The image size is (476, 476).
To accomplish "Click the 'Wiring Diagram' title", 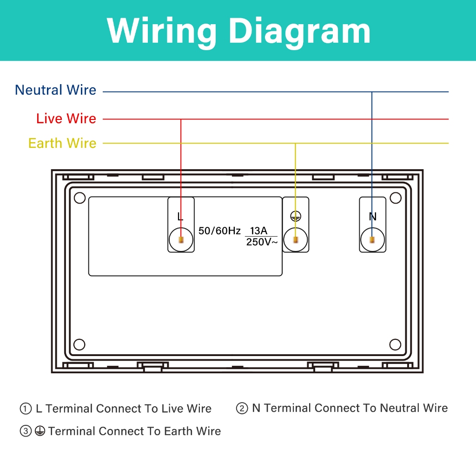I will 238,31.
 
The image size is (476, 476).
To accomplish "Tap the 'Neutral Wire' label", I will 55,90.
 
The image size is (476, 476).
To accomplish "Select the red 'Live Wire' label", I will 66,119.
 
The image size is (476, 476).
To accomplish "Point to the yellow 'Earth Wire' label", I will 62,143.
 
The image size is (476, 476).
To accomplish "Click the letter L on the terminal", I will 180,217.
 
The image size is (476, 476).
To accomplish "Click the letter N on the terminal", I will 372,217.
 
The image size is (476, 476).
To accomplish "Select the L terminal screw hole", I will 181,240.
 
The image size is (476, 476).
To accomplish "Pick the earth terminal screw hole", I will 296,240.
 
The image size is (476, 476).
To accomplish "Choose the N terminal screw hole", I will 372,240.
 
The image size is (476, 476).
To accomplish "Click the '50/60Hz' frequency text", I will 219,231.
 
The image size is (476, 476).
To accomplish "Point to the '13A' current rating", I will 258,231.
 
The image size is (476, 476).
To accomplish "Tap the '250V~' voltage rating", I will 262,242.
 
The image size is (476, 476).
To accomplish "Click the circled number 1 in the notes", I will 25,409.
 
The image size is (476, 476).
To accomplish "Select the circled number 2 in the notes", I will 242,409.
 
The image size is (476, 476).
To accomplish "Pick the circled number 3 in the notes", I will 25,431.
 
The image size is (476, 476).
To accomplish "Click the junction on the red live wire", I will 181,119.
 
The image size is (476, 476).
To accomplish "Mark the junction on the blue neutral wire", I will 372,92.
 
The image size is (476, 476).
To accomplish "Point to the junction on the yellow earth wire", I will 296,143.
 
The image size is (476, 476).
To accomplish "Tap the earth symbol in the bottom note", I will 40,431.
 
